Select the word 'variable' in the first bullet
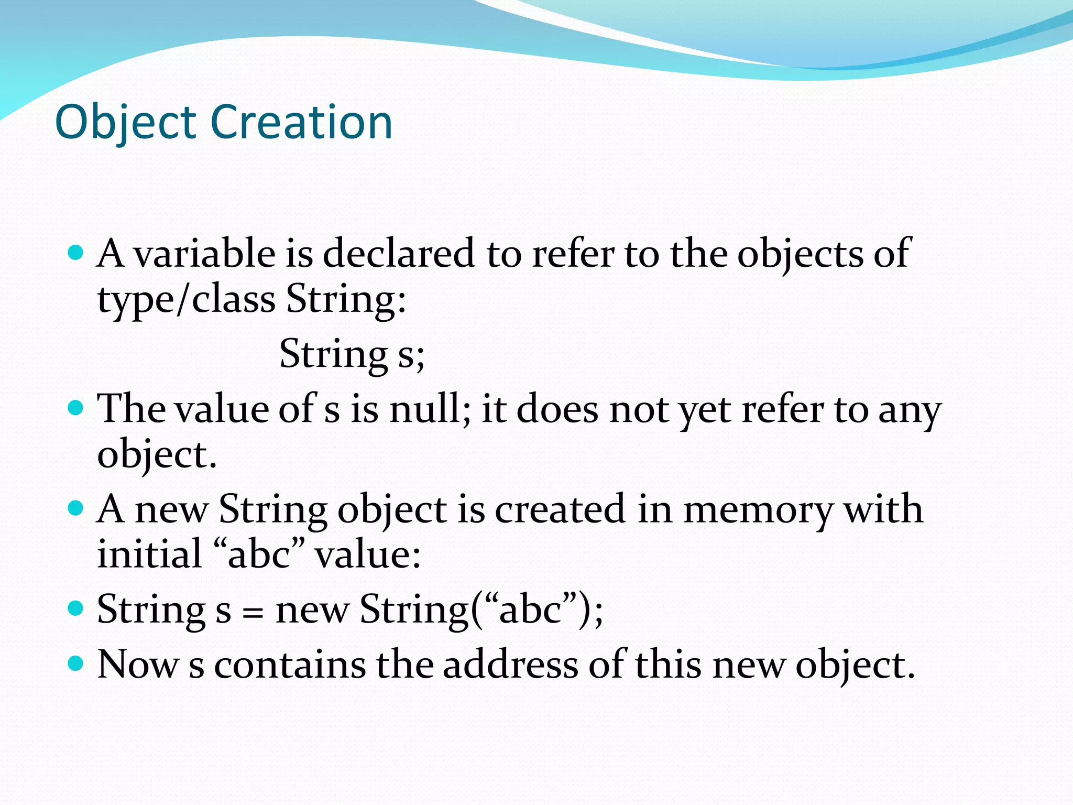[x=204, y=254]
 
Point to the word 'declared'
[x=398, y=254]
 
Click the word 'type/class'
[x=187, y=300]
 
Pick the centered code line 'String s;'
[x=352, y=354]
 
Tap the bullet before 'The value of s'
[x=76, y=408]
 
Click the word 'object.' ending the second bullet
[x=157, y=455]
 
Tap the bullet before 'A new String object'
[x=76, y=508]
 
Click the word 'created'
[x=560, y=509]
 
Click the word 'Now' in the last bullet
[x=138, y=665]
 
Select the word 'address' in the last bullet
[x=510, y=665]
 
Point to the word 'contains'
[x=290, y=665]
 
